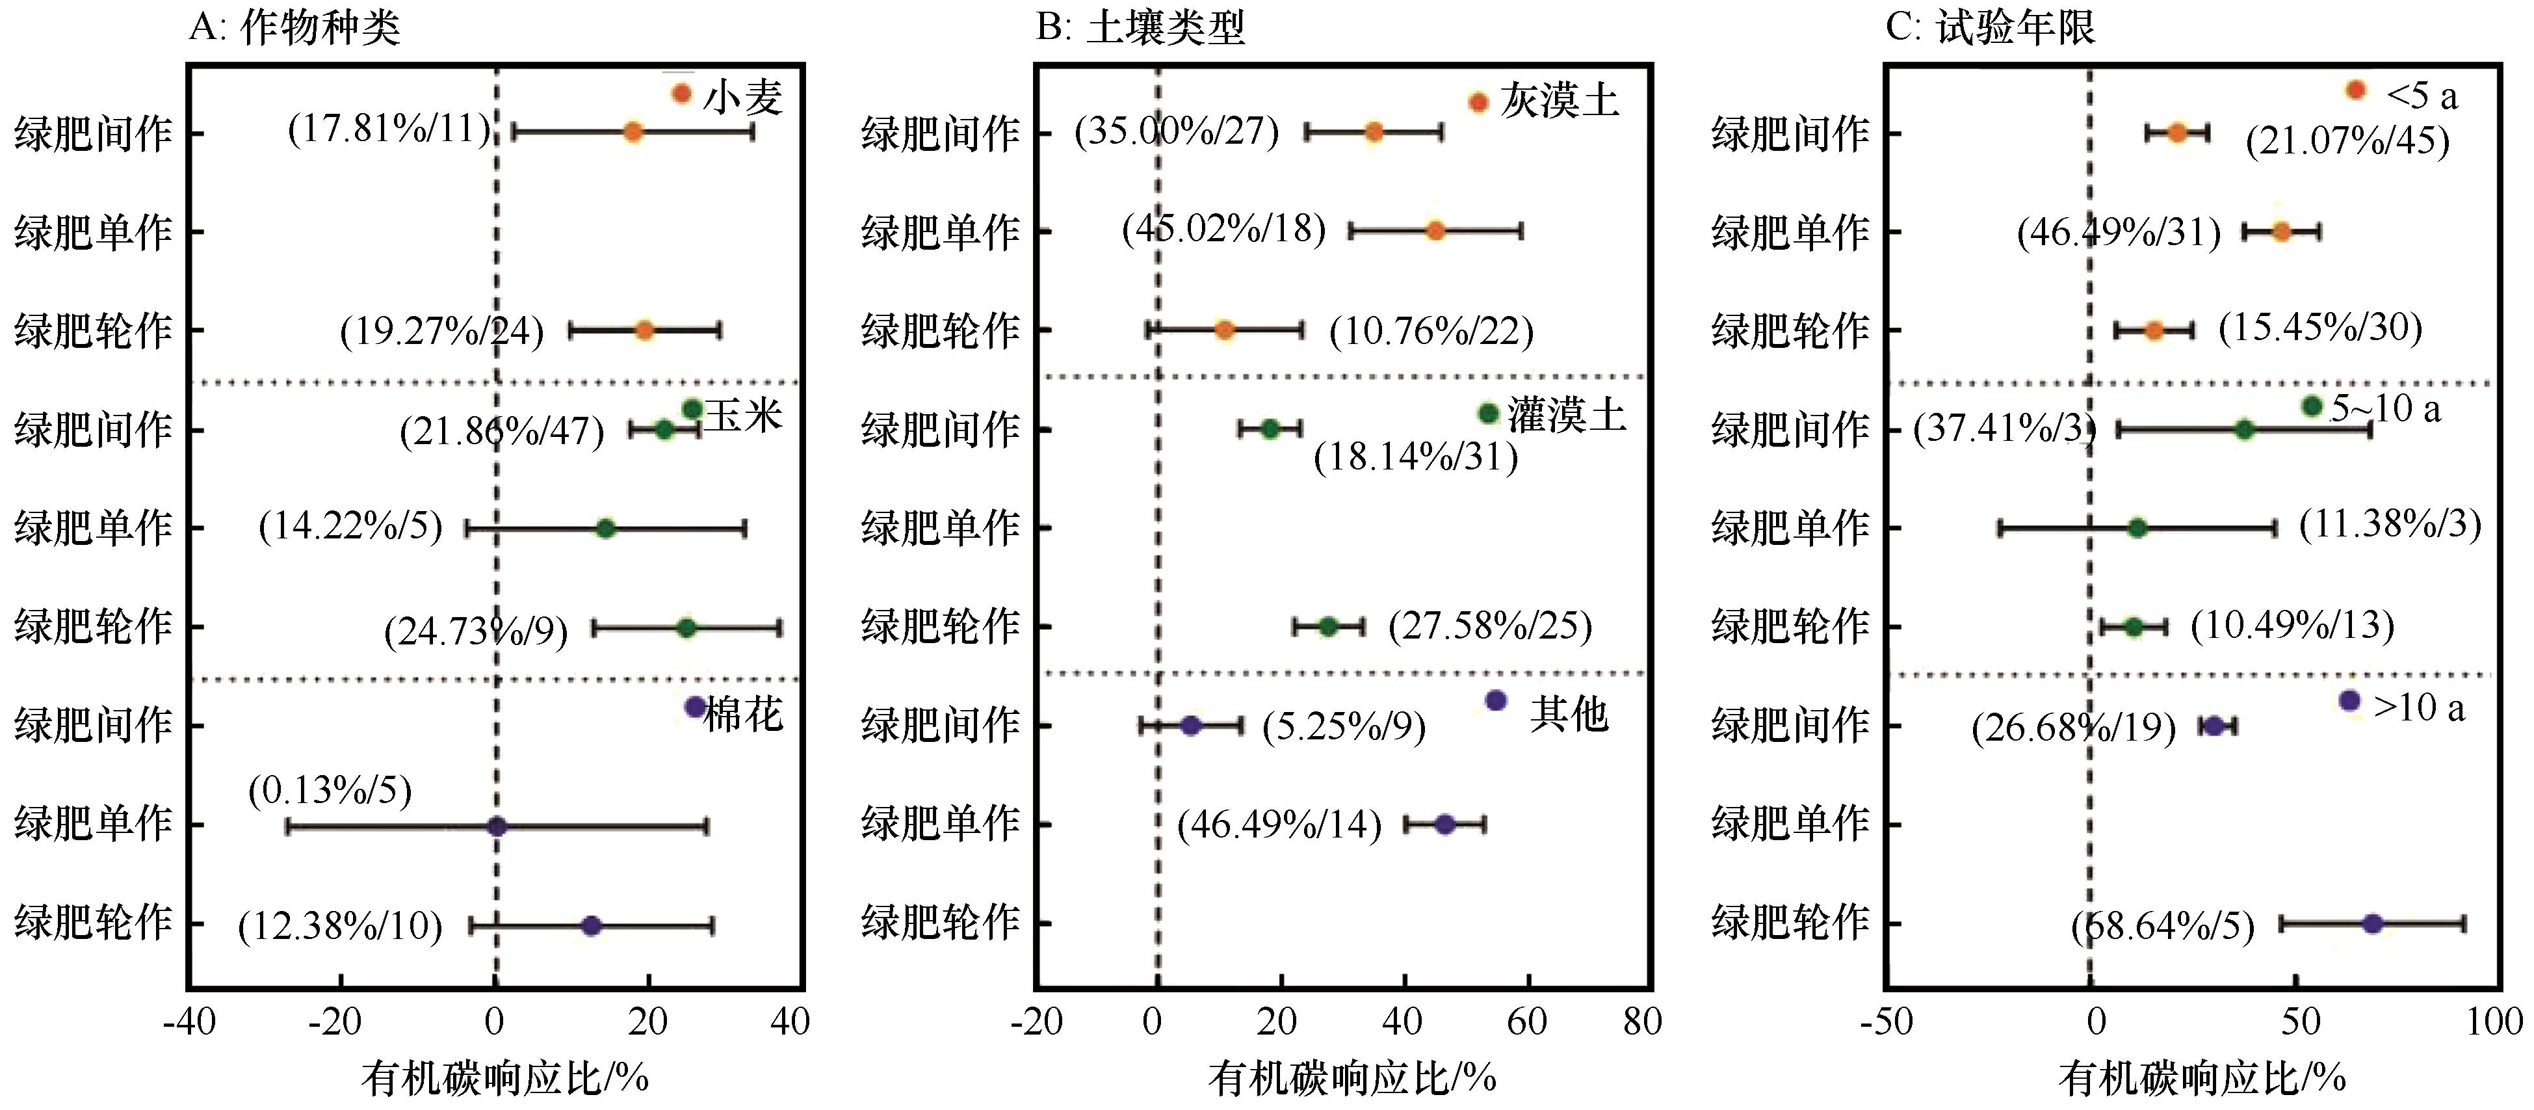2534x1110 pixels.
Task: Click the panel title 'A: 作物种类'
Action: [294, 27]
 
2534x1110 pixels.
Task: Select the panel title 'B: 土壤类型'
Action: [1140, 27]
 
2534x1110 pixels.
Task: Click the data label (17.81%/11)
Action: [389, 129]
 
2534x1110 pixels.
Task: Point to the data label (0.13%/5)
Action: [330, 790]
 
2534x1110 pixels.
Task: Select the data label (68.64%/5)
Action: [2162, 926]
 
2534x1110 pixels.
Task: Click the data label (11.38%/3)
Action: [2390, 525]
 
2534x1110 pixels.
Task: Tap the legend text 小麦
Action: [742, 98]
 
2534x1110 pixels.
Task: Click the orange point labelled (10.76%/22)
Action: [1223, 330]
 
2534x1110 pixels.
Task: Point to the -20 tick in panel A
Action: [334, 1022]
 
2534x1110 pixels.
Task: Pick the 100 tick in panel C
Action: [2494, 1022]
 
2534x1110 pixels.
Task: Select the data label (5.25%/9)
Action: [1344, 727]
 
